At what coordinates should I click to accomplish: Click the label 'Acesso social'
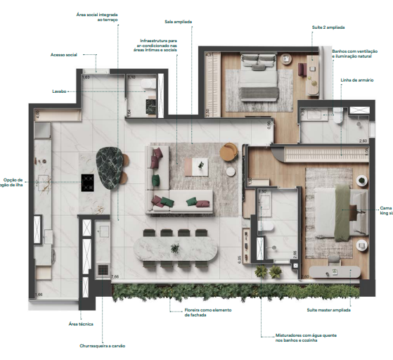point(64,54)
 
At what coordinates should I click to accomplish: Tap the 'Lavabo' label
point(59,91)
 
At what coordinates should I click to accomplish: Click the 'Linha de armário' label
point(355,80)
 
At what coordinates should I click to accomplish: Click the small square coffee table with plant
point(201,166)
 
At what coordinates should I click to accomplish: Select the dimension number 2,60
point(363,141)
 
